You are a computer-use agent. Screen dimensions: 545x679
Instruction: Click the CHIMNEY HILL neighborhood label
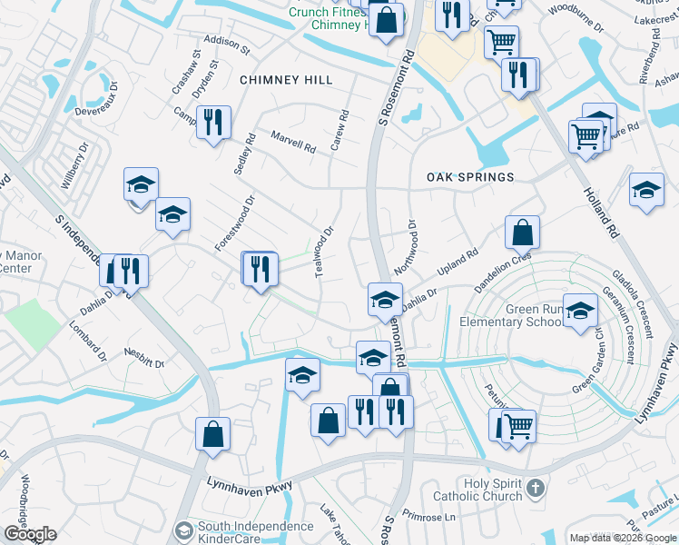click(286, 80)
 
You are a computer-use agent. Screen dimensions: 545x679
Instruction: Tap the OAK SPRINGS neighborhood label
click(470, 177)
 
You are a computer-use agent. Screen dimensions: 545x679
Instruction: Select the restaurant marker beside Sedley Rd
click(213, 122)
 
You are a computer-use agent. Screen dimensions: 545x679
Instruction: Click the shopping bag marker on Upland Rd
click(522, 233)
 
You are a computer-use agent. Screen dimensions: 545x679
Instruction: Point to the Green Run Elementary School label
click(509, 316)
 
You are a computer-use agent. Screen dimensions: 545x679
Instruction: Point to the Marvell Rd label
click(293, 142)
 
